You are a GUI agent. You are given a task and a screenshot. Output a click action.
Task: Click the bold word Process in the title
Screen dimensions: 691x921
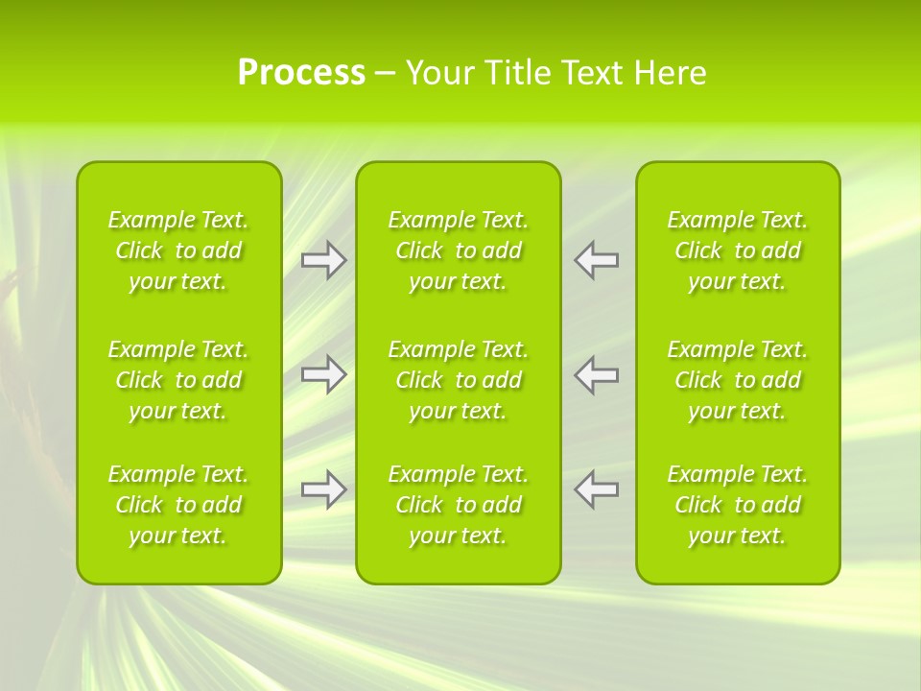click(301, 73)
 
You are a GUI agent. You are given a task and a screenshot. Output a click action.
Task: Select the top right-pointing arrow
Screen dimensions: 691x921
click(323, 260)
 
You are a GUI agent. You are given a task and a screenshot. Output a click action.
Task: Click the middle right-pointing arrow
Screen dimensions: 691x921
click(323, 374)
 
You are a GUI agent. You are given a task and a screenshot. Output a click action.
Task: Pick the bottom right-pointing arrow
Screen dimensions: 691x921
click(323, 489)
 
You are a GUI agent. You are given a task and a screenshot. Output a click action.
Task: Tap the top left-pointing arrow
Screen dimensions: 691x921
click(596, 260)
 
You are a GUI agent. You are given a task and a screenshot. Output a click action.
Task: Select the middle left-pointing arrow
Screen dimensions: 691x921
click(596, 374)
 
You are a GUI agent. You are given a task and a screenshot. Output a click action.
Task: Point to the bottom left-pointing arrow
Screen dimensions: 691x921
click(596, 489)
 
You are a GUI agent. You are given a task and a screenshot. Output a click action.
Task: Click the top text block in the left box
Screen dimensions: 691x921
click(178, 250)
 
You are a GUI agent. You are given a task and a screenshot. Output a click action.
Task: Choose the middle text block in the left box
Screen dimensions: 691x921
click(178, 380)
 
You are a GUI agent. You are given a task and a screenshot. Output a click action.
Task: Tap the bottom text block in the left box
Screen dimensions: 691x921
click(178, 505)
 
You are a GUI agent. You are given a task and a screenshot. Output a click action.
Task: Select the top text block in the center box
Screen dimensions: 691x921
click(459, 250)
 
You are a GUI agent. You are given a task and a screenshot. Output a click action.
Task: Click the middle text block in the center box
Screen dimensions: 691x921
click(459, 380)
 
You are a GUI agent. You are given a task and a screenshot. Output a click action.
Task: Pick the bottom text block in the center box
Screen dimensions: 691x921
click(459, 505)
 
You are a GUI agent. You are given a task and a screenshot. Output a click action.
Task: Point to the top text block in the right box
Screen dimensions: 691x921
click(738, 250)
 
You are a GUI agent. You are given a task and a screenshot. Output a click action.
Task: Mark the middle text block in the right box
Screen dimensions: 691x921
click(738, 380)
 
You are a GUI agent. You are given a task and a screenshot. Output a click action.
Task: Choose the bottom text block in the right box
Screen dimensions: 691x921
click(738, 505)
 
